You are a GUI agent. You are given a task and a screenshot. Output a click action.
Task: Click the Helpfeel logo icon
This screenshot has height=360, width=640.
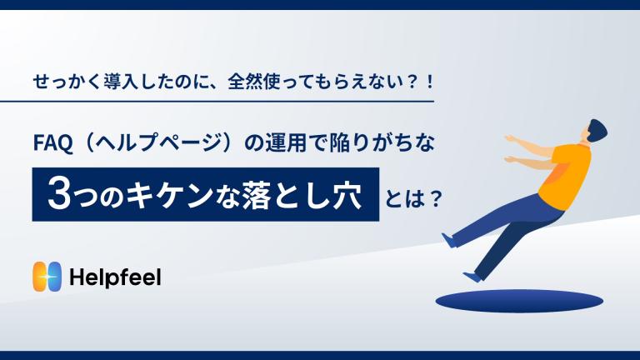click(x=47, y=277)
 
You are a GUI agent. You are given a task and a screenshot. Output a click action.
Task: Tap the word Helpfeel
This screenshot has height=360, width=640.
click(x=116, y=277)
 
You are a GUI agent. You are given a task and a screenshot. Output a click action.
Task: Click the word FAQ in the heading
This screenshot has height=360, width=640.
click(x=53, y=143)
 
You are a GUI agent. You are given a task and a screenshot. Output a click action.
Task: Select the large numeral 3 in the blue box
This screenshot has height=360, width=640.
click(x=60, y=195)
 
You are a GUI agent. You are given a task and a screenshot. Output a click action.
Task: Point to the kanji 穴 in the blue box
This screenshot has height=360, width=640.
click(x=347, y=195)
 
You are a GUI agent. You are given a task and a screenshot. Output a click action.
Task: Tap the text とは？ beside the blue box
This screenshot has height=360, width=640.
click(x=413, y=199)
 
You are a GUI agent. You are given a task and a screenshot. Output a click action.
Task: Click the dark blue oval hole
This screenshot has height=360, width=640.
click(x=519, y=301)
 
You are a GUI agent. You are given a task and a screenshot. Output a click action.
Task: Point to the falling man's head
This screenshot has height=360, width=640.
click(x=597, y=132)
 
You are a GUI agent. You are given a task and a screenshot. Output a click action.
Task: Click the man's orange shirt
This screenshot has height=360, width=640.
click(x=566, y=172)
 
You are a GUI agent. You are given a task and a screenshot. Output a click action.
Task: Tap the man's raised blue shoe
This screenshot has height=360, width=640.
click(x=448, y=240)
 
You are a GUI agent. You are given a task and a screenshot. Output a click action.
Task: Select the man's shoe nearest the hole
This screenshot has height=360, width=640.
click(x=472, y=276)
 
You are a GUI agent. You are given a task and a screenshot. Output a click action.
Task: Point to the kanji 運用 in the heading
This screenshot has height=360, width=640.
click(x=286, y=143)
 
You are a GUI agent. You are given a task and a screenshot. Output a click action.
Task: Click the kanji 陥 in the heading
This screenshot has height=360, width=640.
click(x=340, y=143)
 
